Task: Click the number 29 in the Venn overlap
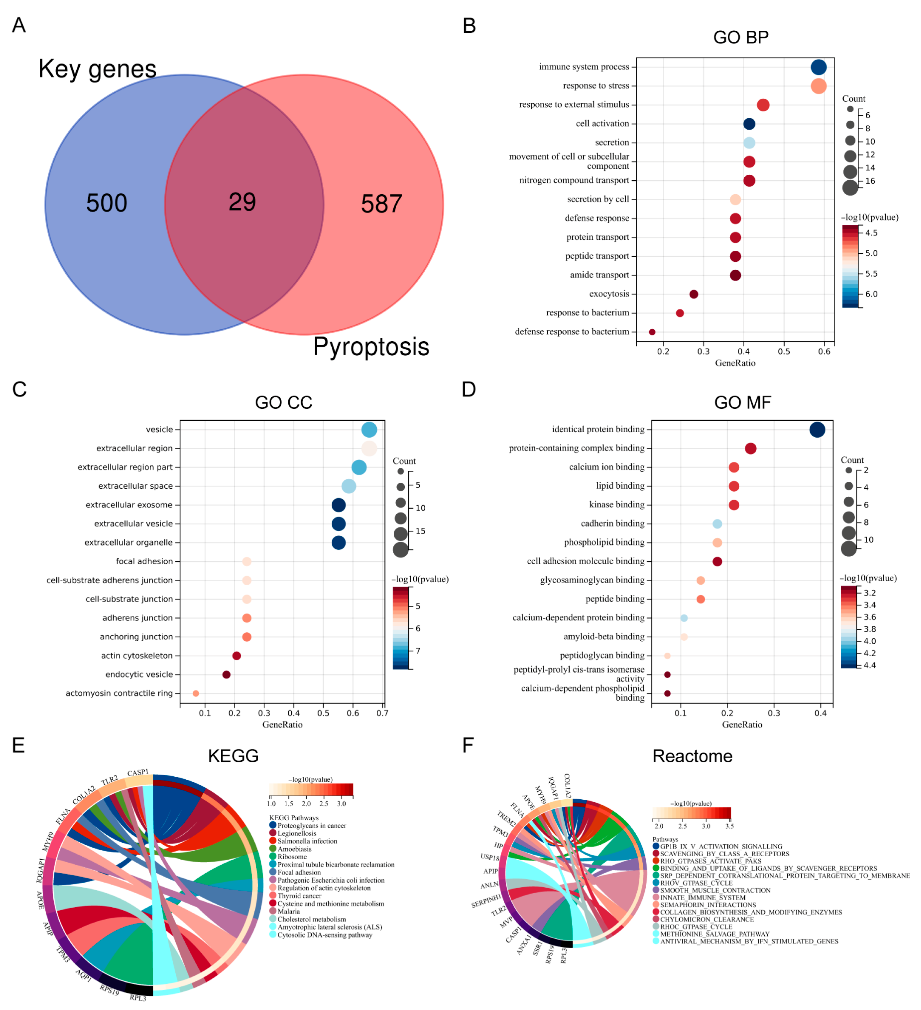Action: [242, 202]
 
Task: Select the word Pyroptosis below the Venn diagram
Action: [371, 347]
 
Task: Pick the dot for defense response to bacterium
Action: [652, 332]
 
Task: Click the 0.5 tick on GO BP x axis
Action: [784, 352]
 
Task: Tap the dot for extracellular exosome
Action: [338, 505]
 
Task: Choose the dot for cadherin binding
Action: [717, 524]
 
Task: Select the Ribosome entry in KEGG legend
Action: [292, 857]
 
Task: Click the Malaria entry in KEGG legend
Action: [289, 911]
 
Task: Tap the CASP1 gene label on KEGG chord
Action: [138, 772]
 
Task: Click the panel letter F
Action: [468, 746]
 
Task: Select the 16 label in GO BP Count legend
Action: [870, 181]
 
